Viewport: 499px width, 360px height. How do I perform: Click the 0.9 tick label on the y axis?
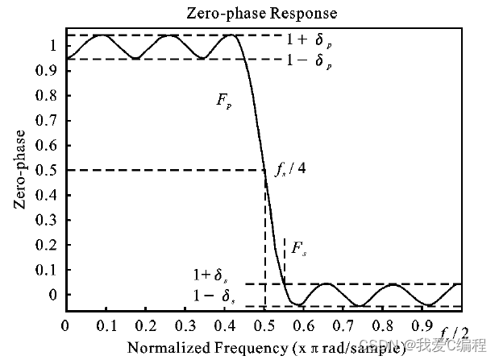coord(48,71)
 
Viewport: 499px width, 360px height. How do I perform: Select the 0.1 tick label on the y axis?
coord(48,270)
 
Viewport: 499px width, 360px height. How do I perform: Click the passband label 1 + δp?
coord(310,38)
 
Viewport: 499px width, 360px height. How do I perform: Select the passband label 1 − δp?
coord(310,61)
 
